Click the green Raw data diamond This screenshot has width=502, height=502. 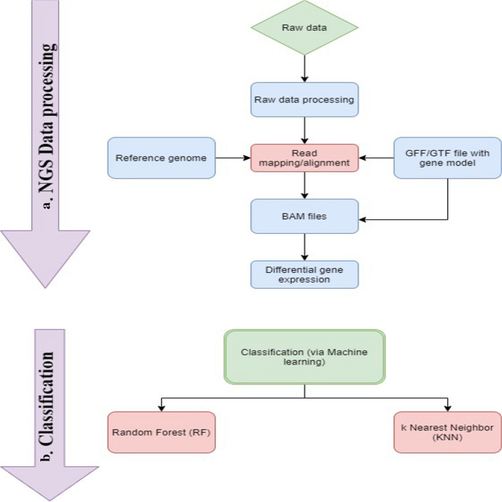coord(304,28)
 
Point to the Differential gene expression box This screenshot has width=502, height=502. coord(304,274)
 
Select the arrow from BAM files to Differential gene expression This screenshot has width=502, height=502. coord(305,246)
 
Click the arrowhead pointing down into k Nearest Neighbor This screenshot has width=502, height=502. coord(449,407)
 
